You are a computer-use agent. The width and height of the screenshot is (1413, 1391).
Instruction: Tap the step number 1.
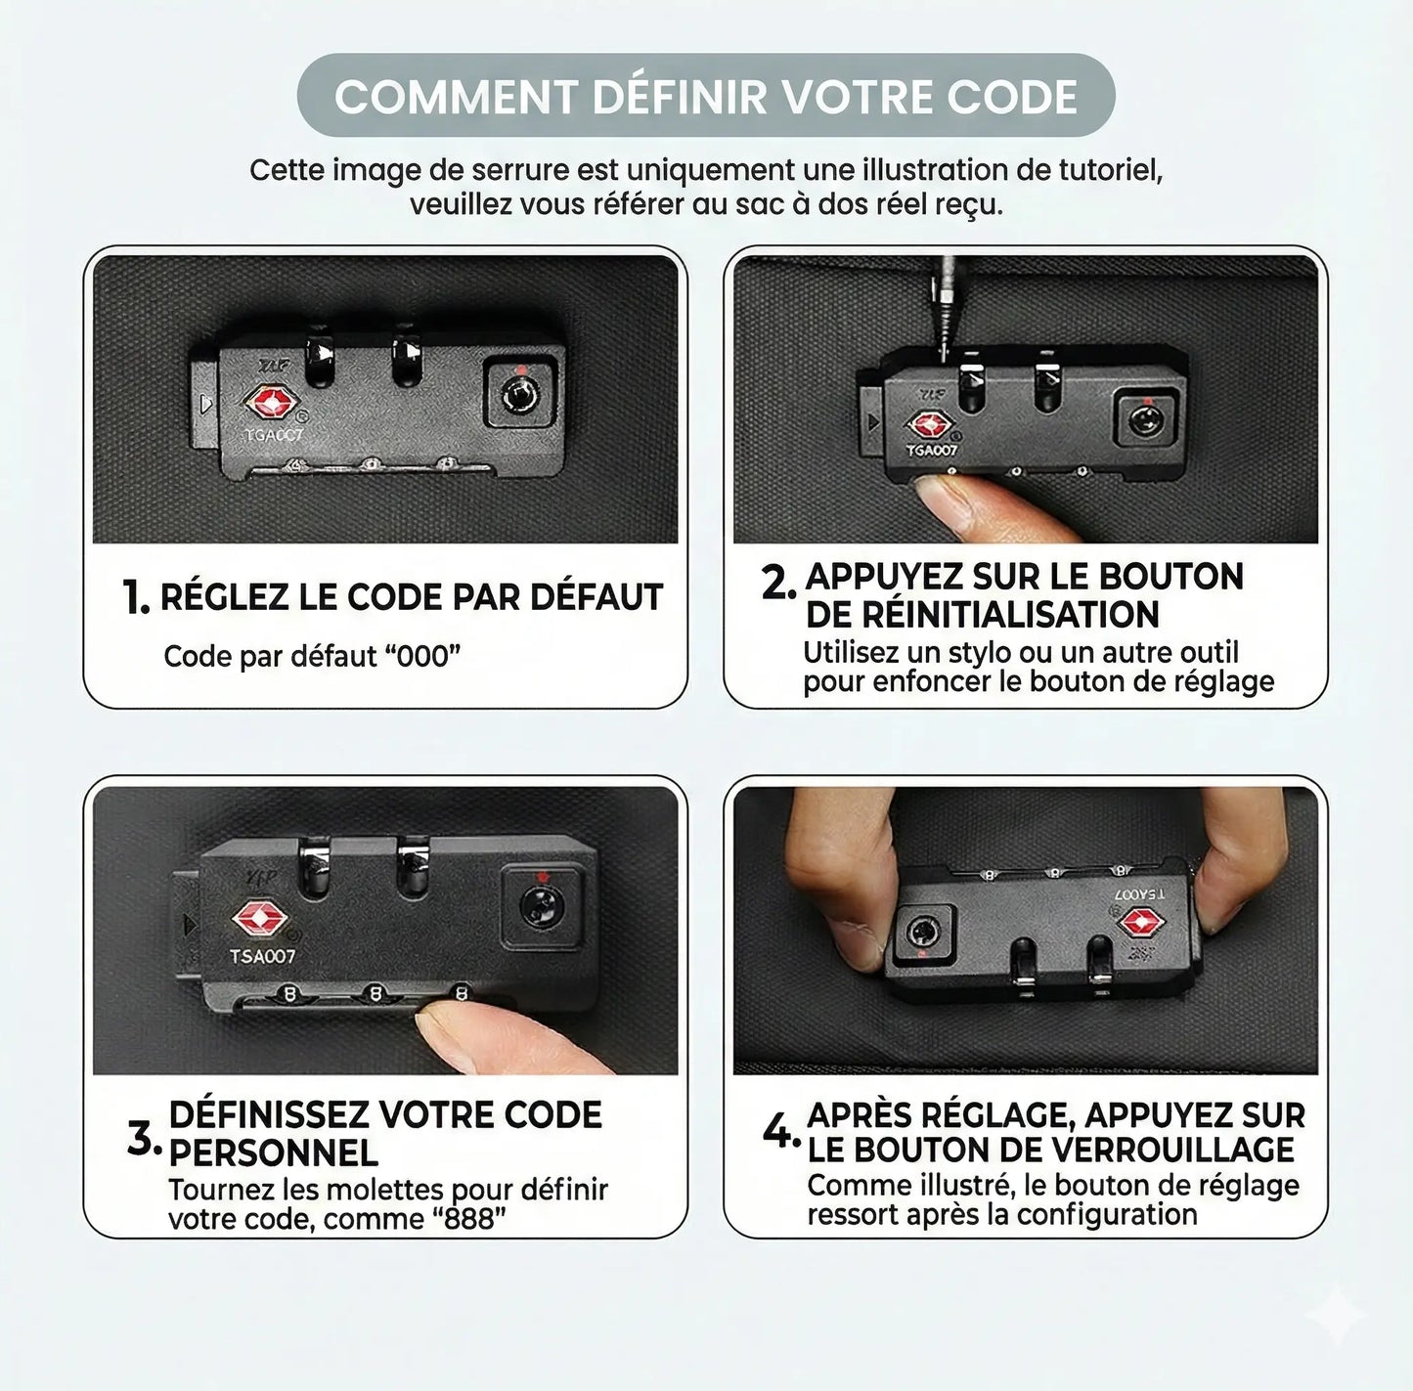click(136, 596)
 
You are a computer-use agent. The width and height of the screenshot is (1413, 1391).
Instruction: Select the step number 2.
click(778, 583)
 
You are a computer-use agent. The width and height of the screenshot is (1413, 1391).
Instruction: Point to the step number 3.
click(144, 1139)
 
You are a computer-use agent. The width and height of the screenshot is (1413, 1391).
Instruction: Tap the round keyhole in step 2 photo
click(1145, 421)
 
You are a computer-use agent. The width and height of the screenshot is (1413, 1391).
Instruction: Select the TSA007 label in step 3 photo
click(262, 956)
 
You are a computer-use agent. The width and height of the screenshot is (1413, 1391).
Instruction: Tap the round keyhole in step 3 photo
click(541, 906)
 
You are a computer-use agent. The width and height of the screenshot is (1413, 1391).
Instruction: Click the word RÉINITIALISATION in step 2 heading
click(982, 614)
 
